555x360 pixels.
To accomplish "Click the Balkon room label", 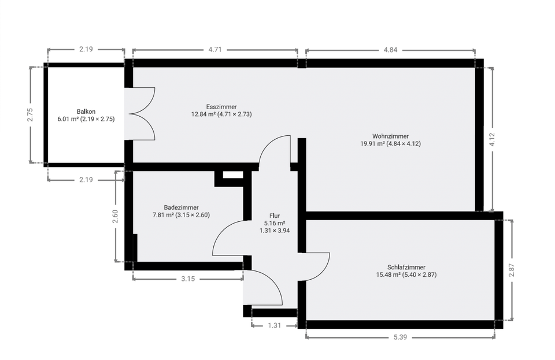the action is coord(86,112).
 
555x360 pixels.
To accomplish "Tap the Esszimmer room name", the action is coord(221,107).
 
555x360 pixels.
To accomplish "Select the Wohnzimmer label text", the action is coord(390,136).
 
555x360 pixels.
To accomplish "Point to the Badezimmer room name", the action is coord(181,207).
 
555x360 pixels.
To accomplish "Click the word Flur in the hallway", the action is coord(275,216).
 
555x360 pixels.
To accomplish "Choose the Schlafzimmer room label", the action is coord(406,268).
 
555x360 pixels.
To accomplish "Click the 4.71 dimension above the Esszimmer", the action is coord(215,50).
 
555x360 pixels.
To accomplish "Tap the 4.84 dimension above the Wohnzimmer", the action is coord(390,50).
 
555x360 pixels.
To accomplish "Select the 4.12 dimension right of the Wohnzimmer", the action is coord(492,139).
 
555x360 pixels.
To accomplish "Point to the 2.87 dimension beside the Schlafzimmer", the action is coord(511,270).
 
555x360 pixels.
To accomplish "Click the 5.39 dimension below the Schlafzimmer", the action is coord(400,337).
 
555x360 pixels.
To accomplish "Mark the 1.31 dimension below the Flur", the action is coord(274,325).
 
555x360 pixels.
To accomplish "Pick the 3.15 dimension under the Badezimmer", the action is coord(188,279).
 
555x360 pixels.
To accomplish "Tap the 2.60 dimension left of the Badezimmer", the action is coord(115,217).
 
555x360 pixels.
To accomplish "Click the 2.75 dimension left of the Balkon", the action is coord(30,114).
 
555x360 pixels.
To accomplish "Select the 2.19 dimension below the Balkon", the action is coord(86,180).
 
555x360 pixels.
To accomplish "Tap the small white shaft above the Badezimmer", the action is coord(233,175).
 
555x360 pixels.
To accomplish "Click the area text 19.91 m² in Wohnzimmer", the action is coord(372,143).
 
